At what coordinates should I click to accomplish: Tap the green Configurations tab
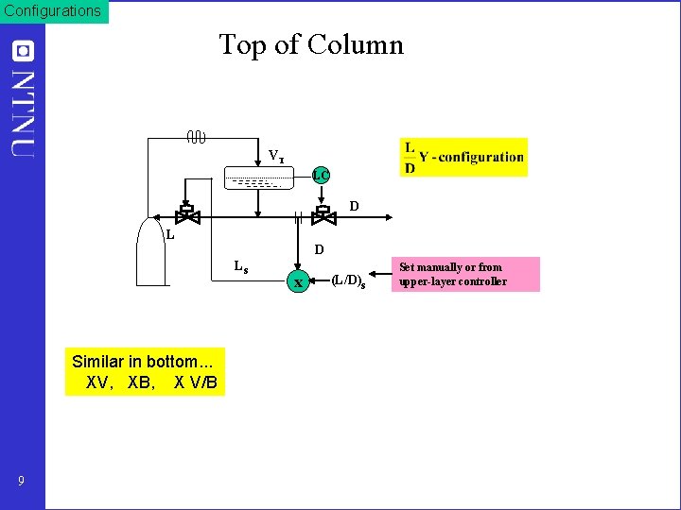click(54, 11)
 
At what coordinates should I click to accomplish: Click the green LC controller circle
click(322, 175)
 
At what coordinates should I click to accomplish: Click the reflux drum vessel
click(253, 179)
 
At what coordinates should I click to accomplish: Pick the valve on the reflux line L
click(187, 213)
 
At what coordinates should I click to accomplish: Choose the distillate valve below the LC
click(323, 214)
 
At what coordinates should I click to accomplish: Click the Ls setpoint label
click(241, 266)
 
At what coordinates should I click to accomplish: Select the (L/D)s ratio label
click(349, 281)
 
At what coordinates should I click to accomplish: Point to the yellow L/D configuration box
click(463, 157)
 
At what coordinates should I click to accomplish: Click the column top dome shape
click(152, 251)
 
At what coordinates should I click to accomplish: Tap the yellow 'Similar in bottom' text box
click(145, 372)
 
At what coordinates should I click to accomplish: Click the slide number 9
click(21, 482)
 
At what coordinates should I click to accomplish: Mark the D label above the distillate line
click(354, 206)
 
